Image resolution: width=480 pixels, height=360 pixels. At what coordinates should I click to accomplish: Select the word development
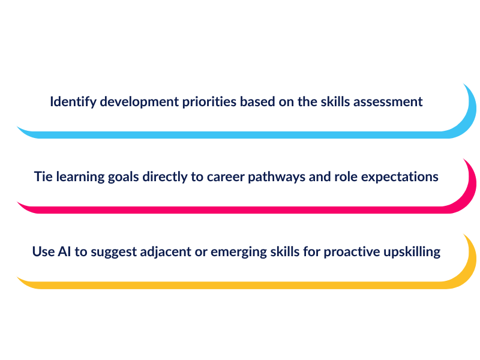tap(139, 102)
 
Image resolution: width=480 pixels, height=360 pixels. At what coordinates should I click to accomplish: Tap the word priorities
tap(209, 102)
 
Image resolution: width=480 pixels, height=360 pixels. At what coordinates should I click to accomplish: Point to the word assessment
tap(388, 102)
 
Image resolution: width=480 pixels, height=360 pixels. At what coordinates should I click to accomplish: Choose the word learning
tap(80, 177)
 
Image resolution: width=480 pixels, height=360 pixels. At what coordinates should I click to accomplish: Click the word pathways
tap(277, 177)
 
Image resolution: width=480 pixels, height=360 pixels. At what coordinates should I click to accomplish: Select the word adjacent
tap(166, 252)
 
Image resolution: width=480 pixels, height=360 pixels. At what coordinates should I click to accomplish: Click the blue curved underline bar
tap(239, 135)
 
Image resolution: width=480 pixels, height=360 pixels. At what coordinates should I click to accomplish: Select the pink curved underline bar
tap(239, 210)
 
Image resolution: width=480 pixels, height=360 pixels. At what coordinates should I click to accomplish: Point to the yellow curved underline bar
tap(239, 286)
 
